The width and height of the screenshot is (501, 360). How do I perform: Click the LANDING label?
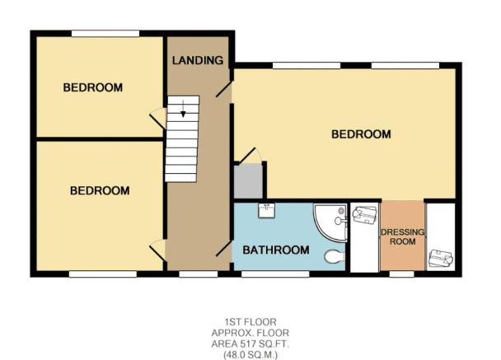[198, 60]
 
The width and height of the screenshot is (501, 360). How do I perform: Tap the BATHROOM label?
[276, 250]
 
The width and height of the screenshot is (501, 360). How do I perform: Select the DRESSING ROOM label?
[403, 236]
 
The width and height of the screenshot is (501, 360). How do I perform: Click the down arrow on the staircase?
[183, 109]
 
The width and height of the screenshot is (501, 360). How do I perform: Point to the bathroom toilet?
[335, 256]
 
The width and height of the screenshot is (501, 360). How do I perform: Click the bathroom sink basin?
[266, 211]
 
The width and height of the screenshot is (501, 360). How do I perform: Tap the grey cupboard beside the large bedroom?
[248, 181]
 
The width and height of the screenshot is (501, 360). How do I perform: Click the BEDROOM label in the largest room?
[361, 134]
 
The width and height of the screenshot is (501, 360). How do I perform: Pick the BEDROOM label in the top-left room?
[92, 87]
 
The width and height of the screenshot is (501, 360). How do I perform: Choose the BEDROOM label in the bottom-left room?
[100, 190]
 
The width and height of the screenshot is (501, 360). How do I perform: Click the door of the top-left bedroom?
[158, 119]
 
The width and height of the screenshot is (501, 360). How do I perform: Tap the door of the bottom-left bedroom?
[158, 250]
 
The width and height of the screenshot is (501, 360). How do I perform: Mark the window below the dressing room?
[401, 274]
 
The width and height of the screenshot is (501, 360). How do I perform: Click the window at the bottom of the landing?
[198, 274]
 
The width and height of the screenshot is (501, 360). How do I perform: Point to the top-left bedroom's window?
[105, 33]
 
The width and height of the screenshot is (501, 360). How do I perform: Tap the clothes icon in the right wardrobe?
[441, 258]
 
